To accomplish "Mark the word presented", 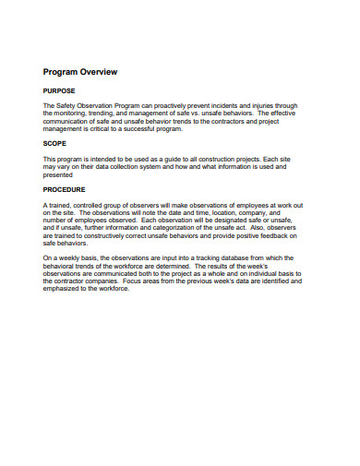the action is (58, 174).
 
